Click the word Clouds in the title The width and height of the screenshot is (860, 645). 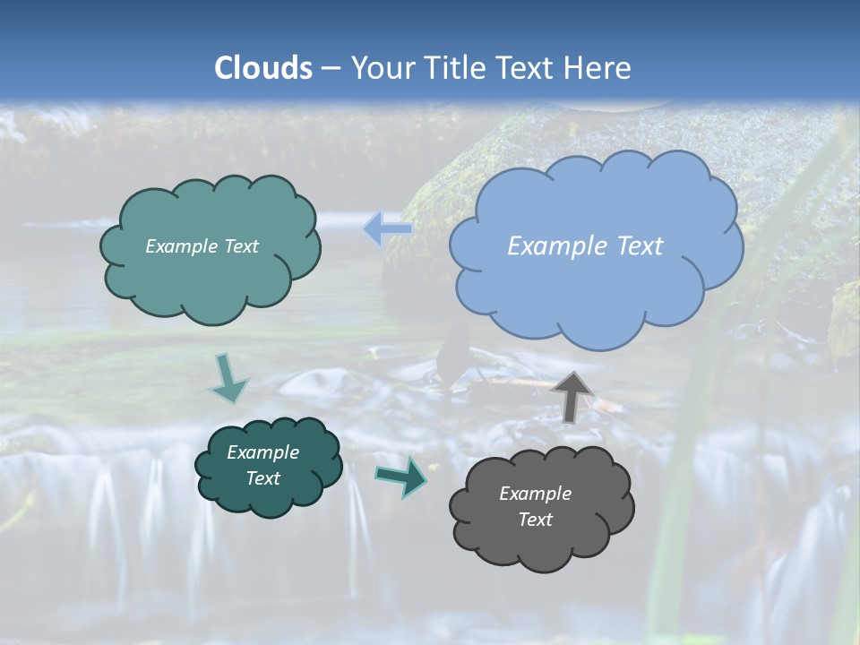coord(263,68)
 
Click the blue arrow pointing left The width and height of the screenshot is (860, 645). coord(387,229)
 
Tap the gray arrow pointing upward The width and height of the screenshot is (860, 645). coord(572,395)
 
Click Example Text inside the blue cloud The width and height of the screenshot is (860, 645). coord(585,246)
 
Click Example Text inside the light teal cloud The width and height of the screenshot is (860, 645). coord(202,246)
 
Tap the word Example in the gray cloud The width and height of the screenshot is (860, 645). coord(535,494)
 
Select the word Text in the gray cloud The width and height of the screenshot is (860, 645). coord(535,520)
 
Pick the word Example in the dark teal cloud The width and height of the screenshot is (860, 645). coord(262,452)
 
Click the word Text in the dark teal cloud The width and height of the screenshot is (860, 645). coord(262,478)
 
